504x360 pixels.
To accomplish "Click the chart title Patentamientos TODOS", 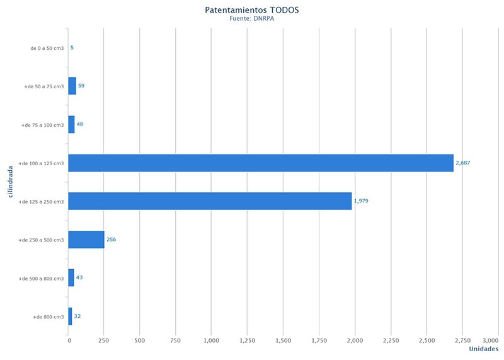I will point(251,10).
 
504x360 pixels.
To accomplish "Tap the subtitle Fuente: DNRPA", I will point(251,20).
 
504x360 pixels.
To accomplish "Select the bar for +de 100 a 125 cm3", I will point(261,163).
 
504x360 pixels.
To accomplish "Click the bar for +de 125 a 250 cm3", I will point(210,201).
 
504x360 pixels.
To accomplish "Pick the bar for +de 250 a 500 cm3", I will point(86,240).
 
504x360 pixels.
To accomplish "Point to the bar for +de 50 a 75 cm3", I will point(72,86).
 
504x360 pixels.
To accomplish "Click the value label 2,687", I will point(462,163).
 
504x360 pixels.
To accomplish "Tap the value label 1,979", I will point(361,201).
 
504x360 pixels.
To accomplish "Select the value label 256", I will point(112,240).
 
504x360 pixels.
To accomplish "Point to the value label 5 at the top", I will point(72,47).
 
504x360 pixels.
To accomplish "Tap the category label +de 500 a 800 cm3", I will point(42,278).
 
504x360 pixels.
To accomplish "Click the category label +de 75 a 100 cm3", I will point(43,125).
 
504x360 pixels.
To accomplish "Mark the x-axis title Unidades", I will point(484,349).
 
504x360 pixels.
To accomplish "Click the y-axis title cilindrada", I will point(11,182).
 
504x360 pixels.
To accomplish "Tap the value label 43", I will point(80,278).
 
